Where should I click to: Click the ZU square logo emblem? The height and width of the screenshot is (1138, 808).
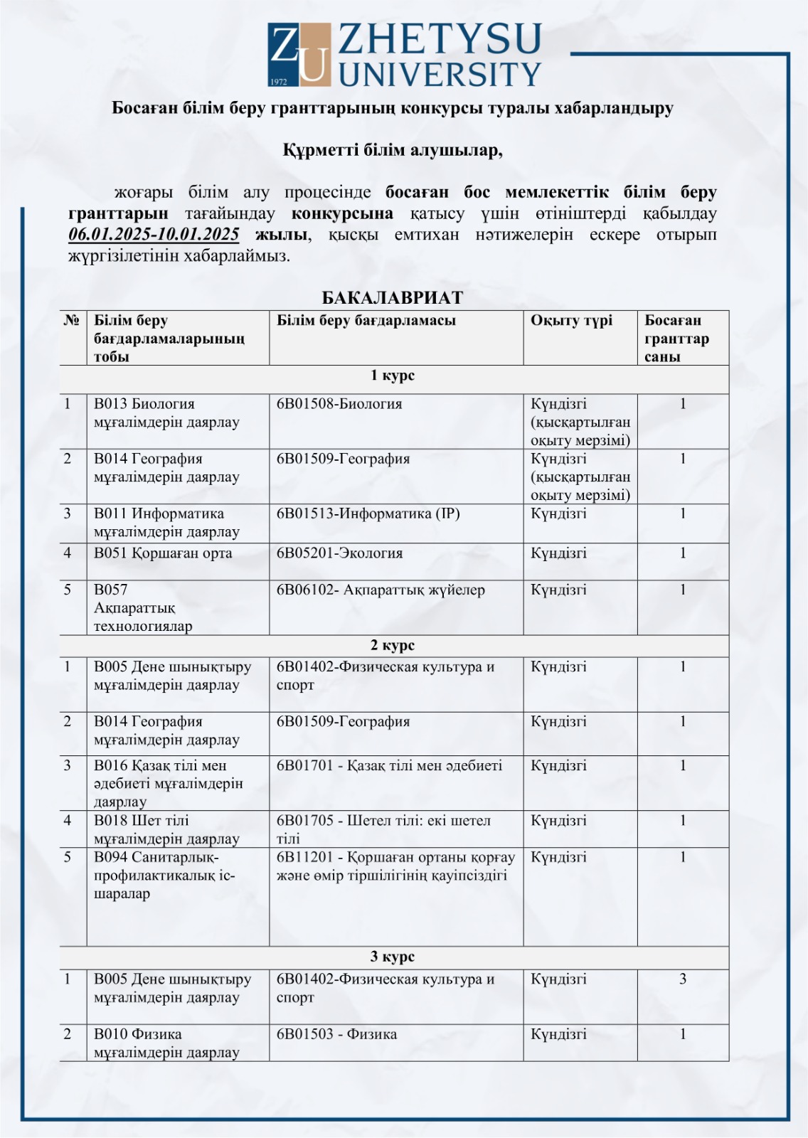(299, 54)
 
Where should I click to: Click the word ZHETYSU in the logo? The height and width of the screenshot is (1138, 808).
(440, 40)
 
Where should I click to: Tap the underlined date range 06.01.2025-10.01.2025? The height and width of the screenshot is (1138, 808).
(154, 235)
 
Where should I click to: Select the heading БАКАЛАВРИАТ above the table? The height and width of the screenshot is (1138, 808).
(393, 297)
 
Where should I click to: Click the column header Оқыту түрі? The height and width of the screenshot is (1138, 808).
(571, 321)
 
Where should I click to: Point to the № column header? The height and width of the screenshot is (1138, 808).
(71, 321)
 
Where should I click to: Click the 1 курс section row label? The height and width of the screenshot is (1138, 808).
(393, 376)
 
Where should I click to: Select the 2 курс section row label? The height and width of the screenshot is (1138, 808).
(393, 645)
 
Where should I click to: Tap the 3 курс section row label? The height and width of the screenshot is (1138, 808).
(393, 957)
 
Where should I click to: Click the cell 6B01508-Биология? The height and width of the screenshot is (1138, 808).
(339, 404)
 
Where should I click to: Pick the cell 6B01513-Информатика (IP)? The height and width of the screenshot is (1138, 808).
(368, 514)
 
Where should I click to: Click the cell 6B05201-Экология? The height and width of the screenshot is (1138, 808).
(339, 553)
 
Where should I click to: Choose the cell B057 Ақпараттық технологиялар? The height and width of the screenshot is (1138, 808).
(143, 608)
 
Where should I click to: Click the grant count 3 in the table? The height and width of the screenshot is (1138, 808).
(683, 979)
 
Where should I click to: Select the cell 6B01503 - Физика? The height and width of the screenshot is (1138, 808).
(336, 1034)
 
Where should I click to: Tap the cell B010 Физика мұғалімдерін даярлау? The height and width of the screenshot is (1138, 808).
(166, 1043)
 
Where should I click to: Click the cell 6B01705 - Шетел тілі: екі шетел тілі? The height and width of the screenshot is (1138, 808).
(383, 829)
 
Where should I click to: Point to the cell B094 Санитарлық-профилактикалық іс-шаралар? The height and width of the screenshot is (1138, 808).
(164, 876)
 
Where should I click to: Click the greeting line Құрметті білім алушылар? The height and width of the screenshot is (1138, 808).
(393, 150)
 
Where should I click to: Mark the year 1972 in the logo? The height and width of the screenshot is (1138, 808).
(279, 82)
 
